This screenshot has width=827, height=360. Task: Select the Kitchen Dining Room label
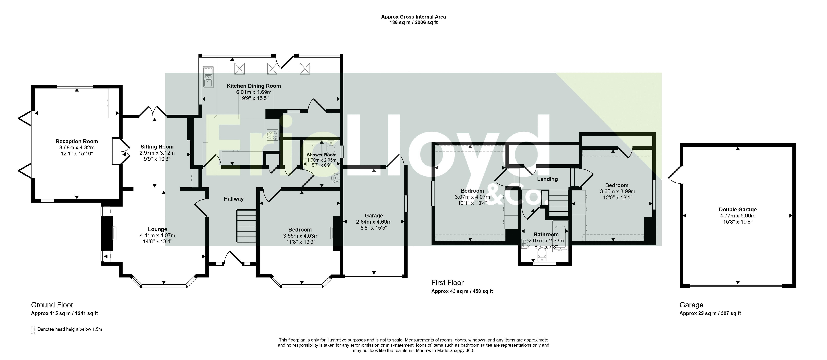pos(254,86)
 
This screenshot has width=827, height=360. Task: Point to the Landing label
pos(547,179)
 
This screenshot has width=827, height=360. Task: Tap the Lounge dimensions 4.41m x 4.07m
pos(157,235)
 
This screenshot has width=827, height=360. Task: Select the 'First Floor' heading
pos(448,283)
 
